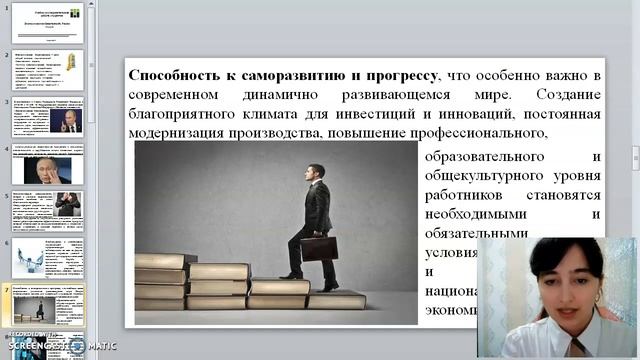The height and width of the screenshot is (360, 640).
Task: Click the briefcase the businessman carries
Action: point(319,248)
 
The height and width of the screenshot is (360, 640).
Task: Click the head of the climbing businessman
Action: point(316,171)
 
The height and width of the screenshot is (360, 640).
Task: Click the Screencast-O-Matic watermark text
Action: point(60,345)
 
